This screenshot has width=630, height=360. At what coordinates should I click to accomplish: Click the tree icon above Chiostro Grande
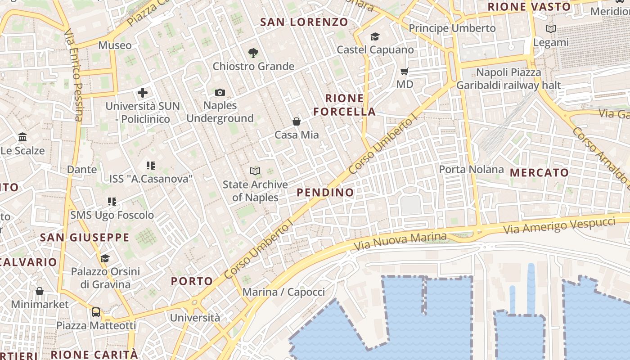[253, 53]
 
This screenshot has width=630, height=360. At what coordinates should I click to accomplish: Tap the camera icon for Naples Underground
[220, 93]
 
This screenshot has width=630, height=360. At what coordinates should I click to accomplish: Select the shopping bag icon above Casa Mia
[297, 121]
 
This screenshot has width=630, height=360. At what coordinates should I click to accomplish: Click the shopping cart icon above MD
[405, 71]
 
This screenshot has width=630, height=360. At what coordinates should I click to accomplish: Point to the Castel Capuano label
[375, 49]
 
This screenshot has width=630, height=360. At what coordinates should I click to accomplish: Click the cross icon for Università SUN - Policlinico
[143, 93]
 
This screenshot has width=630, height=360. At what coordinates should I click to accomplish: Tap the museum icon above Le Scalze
[22, 137]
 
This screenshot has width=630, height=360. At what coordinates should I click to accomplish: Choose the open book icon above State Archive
[255, 171]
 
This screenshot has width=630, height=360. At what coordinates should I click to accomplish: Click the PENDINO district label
[325, 193]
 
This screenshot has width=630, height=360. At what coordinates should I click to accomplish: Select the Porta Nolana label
[471, 169]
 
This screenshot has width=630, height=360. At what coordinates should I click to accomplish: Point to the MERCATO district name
[539, 172]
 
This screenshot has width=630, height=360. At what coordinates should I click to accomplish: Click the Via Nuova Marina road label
[400, 242]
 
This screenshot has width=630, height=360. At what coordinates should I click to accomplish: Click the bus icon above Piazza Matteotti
[96, 312]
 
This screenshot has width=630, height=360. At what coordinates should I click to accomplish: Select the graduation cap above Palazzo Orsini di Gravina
[105, 258]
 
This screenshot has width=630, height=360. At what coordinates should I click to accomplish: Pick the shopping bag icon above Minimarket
[40, 291]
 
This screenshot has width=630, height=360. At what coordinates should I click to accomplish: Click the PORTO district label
[192, 281]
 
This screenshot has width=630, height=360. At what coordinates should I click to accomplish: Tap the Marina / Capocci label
[283, 292]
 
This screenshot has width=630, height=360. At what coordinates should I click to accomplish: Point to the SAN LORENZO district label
[304, 22]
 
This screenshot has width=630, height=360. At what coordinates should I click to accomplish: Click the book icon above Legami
[550, 29]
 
